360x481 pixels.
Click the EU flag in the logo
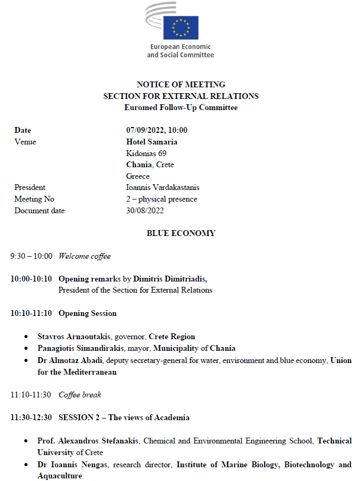(x=181, y=28)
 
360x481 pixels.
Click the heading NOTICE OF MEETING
(x=181, y=85)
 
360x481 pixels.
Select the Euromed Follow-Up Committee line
(x=181, y=107)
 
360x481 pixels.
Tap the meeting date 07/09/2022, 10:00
(x=157, y=130)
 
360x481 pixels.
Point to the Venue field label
(x=25, y=142)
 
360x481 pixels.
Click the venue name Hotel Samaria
(x=151, y=142)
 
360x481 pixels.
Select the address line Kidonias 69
(x=146, y=153)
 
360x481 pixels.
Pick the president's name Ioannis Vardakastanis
(x=163, y=187)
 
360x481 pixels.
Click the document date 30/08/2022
(x=145, y=211)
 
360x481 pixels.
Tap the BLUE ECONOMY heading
(x=181, y=233)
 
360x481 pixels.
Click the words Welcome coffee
(x=85, y=256)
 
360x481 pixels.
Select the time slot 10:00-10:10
(x=31, y=279)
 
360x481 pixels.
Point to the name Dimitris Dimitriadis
(x=169, y=279)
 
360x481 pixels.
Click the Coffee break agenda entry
(x=80, y=395)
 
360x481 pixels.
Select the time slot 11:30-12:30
(x=31, y=418)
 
